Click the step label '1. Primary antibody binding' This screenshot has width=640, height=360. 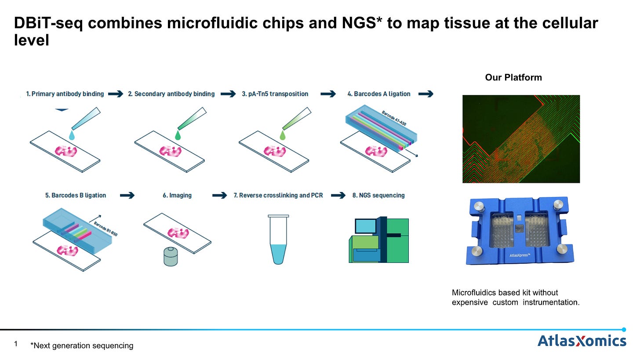coord(65,94)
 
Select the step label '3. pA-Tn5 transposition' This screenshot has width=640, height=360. coord(275,94)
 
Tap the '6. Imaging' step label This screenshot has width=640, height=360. coord(177,195)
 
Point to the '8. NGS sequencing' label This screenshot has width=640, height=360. coord(378,195)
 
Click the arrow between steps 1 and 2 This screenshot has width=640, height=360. coord(116,94)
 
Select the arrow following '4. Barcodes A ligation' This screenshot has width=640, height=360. coord(425,94)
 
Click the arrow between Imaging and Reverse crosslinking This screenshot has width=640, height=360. coord(219,195)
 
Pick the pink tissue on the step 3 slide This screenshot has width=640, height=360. coord(275,151)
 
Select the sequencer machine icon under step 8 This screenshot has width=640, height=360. coord(378,240)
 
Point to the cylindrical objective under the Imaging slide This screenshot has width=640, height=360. coord(170,257)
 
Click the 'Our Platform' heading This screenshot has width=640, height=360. coord(513,77)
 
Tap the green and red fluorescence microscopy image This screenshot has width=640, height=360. coord(521,139)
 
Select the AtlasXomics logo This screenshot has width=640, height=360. coord(582,341)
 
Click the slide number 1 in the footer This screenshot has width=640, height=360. coord(16,345)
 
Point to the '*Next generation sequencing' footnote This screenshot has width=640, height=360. coord(82,345)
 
